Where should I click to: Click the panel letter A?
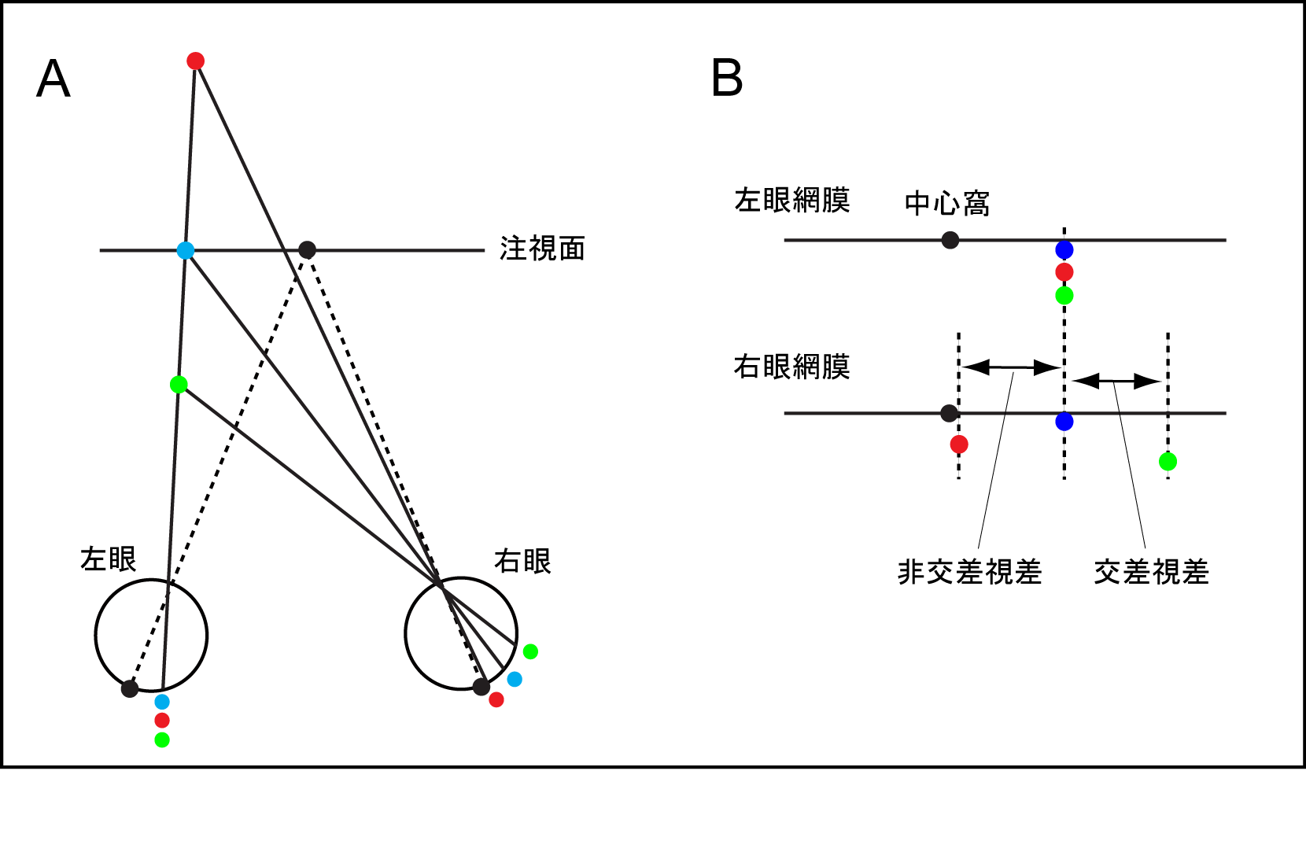[53, 79]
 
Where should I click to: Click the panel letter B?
[727, 79]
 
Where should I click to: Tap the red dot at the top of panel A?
[196, 61]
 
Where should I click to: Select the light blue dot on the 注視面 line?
[186, 251]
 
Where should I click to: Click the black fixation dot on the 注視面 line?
[308, 250]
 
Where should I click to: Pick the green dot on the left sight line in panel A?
[179, 385]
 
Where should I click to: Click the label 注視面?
[542, 249]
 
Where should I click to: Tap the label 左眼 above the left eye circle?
[109, 559]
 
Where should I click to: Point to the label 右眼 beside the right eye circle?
[522, 562]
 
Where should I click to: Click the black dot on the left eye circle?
[130, 689]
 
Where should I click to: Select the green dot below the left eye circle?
[162, 739]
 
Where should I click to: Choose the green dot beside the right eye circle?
[530, 651]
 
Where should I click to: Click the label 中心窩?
[946, 204]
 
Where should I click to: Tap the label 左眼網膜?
[791, 201]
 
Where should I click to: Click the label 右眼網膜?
[791, 367]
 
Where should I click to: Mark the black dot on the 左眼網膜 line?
[950, 240]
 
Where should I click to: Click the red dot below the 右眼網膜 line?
[959, 444]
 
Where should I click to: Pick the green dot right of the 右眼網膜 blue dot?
[1168, 461]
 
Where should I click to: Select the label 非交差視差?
[969, 572]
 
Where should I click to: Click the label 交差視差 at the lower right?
[1151, 572]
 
